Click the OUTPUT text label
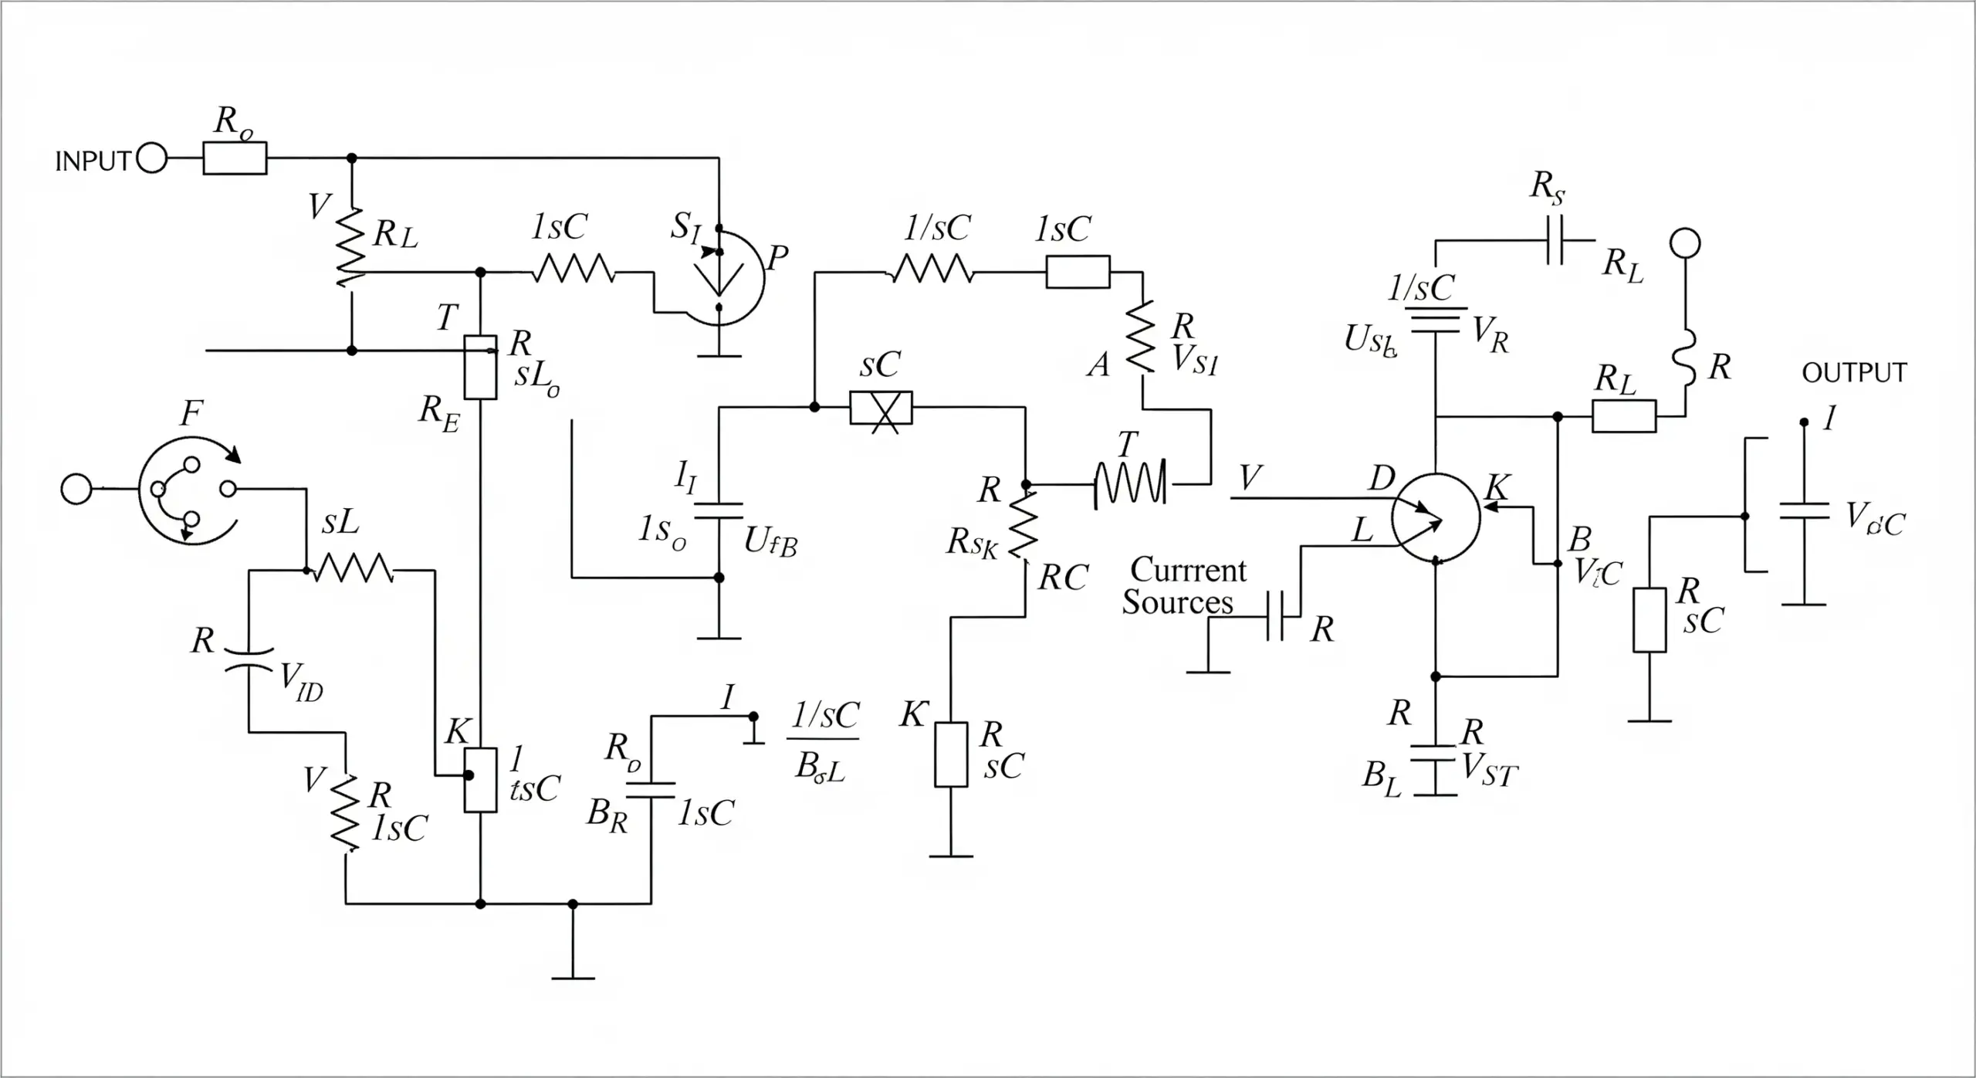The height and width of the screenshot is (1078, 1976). (x=1853, y=373)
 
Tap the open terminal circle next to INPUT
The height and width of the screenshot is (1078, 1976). (x=152, y=159)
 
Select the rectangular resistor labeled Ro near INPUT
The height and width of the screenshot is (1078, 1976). (x=235, y=158)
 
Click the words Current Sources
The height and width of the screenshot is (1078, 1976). (x=1183, y=586)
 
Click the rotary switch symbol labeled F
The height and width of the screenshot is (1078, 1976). (x=189, y=490)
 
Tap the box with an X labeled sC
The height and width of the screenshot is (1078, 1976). (x=881, y=408)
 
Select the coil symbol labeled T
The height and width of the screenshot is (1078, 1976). (x=1131, y=484)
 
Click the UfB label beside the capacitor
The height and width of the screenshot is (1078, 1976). (x=770, y=543)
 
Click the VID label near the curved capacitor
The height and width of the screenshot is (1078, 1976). (x=301, y=683)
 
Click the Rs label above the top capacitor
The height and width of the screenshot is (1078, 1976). (x=1548, y=188)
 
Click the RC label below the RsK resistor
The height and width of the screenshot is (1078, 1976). (x=1063, y=578)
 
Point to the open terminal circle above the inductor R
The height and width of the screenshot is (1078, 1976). (x=1685, y=243)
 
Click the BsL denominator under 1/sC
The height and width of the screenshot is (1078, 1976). (x=821, y=767)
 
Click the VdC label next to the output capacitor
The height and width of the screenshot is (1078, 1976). (x=1875, y=519)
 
